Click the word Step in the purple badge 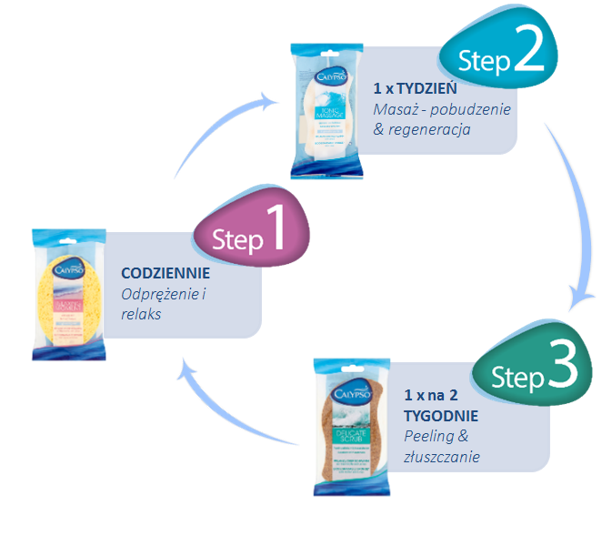236,239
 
